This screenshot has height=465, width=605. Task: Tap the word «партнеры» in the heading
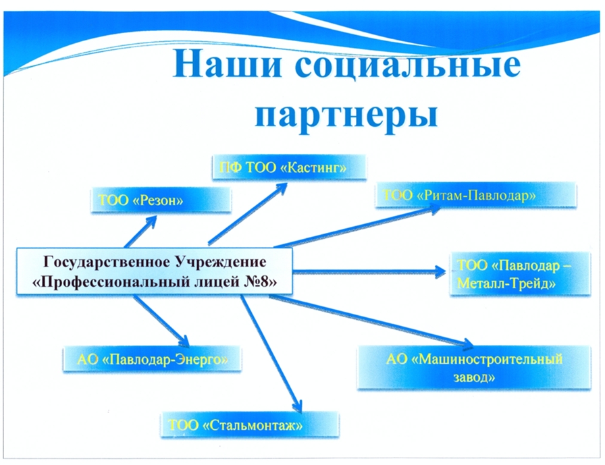tap(346, 115)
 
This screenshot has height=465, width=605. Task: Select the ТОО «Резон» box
tap(161, 200)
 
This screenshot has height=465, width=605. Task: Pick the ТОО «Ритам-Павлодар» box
tap(476, 196)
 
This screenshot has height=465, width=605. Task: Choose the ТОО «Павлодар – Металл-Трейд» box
tap(520, 274)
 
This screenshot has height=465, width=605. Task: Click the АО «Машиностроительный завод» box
tap(474, 367)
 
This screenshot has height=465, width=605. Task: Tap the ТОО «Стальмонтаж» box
tap(250, 425)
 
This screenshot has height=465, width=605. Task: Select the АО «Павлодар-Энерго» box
tap(153, 359)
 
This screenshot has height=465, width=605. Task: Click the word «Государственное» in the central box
tap(107, 262)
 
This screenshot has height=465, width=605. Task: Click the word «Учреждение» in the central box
tap(220, 262)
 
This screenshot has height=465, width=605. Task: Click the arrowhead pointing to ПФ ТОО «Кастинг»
tap(280, 188)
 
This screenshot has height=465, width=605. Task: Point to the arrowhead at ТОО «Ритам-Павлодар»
tap(433, 209)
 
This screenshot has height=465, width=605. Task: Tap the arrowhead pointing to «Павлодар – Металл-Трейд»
tap(440, 272)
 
